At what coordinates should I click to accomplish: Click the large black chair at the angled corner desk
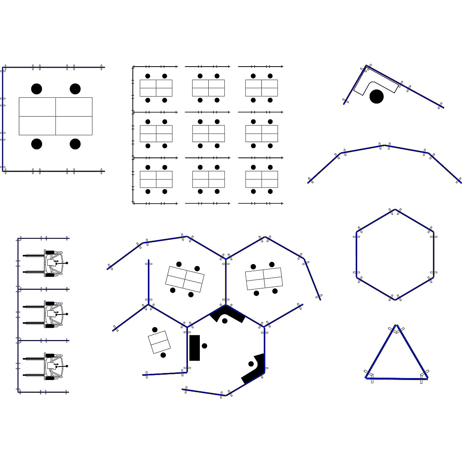point(377,96)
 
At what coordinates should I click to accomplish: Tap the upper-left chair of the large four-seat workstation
point(37,89)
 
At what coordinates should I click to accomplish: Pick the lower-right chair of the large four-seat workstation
point(75,144)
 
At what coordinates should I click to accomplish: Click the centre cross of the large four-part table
point(55,116)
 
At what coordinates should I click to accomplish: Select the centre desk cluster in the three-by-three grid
point(209,134)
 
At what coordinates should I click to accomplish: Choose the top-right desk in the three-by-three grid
point(262,88)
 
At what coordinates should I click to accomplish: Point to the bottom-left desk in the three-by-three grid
point(156,179)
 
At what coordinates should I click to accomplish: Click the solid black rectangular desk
point(194,348)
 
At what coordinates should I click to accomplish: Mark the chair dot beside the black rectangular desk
point(204,346)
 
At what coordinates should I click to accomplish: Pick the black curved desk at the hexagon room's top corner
point(227,313)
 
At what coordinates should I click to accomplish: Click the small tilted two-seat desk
point(159,342)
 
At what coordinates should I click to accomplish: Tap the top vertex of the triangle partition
point(396,326)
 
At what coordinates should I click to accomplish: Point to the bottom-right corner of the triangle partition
point(427,378)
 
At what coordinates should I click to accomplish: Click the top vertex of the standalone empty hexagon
point(395,210)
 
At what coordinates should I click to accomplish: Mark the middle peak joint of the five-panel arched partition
point(385,146)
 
